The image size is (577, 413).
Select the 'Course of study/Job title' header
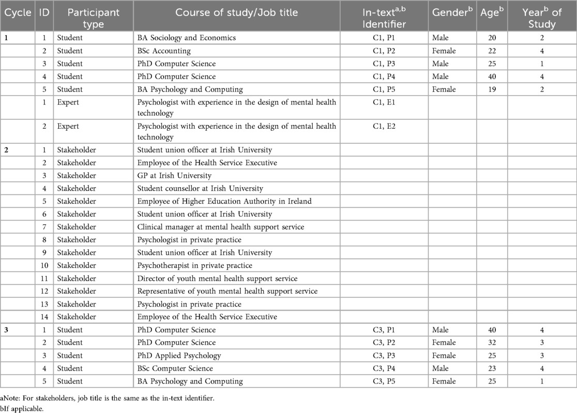(x=236, y=13)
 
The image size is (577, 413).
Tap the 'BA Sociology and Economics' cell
(x=186, y=38)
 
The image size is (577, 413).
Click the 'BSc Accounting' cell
(x=164, y=51)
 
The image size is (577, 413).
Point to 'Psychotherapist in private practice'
(x=194, y=266)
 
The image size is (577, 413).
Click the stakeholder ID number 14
(x=44, y=317)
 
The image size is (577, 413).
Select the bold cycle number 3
(x=6, y=330)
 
